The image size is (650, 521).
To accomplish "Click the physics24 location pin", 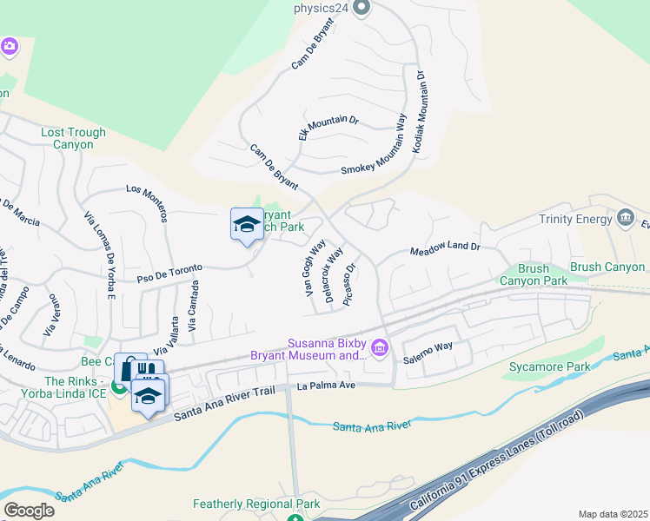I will point(363,9).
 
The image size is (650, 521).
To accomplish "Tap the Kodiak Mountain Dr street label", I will point(420,112).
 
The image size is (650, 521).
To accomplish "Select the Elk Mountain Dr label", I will point(328,128).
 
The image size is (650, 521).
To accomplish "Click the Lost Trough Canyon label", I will point(74,138).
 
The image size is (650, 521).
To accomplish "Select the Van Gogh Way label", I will point(315,269).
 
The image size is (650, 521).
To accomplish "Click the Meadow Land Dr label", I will point(445,248).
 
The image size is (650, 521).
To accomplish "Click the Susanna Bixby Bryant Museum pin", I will point(380,349).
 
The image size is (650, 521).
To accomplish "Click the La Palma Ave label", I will point(327,386).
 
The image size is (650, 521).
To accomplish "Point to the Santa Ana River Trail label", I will point(223,404).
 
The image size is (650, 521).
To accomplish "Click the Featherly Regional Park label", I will point(256,504).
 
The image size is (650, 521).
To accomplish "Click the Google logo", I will point(29,511).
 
